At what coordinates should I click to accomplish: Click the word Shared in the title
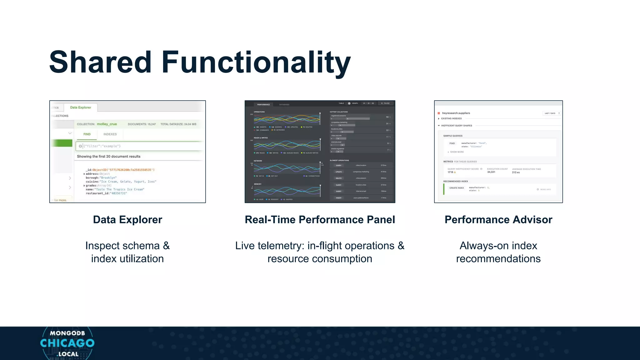[x=100, y=62]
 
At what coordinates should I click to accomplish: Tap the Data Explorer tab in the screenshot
[x=81, y=107]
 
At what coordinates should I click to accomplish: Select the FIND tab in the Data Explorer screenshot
[x=87, y=134]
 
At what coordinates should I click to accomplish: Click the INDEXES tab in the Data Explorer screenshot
[x=110, y=134]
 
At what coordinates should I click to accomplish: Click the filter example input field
[x=141, y=146]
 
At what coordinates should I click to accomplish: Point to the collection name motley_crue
[x=107, y=124]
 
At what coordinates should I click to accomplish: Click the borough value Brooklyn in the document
[x=108, y=178]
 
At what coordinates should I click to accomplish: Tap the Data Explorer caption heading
[x=127, y=220]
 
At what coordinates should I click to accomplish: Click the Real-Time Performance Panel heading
[x=320, y=220]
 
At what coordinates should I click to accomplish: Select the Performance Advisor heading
[x=498, y=220]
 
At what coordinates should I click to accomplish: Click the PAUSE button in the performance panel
[x=386, y=103]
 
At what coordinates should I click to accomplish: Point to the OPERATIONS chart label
[x=259, y=112]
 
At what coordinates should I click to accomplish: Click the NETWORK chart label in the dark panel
[x=258, y=161]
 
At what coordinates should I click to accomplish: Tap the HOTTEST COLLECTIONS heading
[x=338, y=112]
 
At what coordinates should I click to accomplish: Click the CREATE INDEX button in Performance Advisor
[x=457, y=188]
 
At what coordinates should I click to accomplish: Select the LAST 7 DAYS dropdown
[x=551, y=113]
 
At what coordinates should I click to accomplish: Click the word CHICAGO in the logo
[x=67, y=343]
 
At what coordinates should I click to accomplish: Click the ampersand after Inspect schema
[x=166, y=246]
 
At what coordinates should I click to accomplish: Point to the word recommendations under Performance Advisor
[x=498, y=259]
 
